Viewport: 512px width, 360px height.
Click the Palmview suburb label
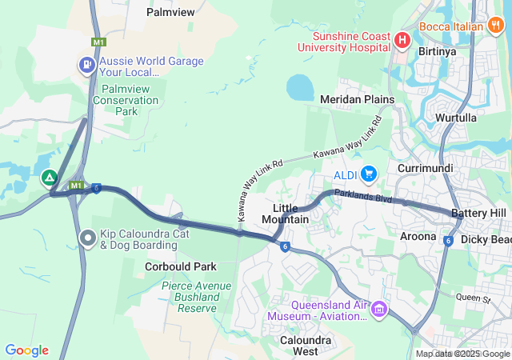pyautogui.click(x=171, y=12)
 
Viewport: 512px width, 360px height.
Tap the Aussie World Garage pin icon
pyautogui.click(x=86, y=64)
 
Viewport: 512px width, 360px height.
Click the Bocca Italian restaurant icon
pyautogui.click(x=495, y=26)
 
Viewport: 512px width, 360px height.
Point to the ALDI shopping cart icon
pyautogui.click(x=369, y=174)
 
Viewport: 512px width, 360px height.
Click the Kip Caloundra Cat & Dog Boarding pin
pyautogui.click(x=88, y=238)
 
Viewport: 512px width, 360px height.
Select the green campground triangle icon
pyautogui.click(x=50, y=178)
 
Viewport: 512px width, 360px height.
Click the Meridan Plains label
pyautogui.click(x=357, y=99)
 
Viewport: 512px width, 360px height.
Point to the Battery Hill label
pyautogui.click(x=478, y=214)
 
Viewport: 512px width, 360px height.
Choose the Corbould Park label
pyautogui.click(x=181, y=266)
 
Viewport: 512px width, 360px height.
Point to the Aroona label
pyautogui.click(x=418, y=236)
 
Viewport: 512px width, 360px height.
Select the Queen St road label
pyautogui.click(x=471, y=299)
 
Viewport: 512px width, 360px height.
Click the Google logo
pyautogui.click(x=26, y=350)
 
